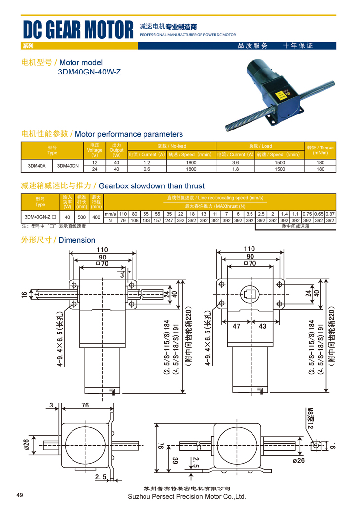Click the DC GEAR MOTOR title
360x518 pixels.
pyautogui.click(x=78, y=30)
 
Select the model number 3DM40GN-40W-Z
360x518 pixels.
pyautogui.click(x=89, y=72)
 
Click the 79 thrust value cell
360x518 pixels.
pyautogui.click(x=123, y=220)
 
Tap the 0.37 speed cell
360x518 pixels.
pyautogui.click(x=330, y=214)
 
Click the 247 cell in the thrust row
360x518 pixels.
pyautogui.click(x=169, y=220)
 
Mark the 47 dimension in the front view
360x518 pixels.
pyautogui.click(x=236, y=326)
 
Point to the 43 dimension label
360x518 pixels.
pyautogui.click(x=262, y=326)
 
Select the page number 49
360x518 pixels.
pyautogui.click(x=20, y=495)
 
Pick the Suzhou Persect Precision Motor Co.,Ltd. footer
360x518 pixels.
pyautogui.click(x=186, y=497)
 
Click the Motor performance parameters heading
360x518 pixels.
pyautogui.click(x=129, y=134)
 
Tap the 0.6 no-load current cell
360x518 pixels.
pyautogui.click(x=146, y=169)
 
